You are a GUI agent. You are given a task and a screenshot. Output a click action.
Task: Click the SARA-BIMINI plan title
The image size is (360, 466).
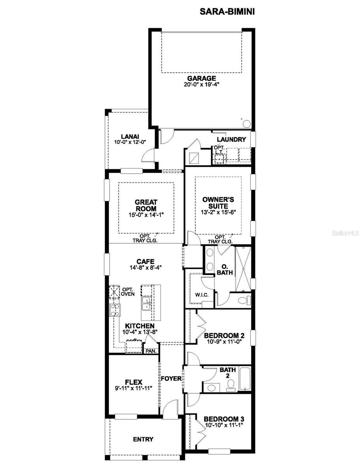pos(227,12)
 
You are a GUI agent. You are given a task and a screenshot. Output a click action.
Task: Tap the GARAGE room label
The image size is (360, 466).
pos(202,78)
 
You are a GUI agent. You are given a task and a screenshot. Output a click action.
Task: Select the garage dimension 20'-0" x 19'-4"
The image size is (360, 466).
pos(202,85)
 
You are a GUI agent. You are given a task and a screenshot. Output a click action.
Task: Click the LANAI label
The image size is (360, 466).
pos(130,136)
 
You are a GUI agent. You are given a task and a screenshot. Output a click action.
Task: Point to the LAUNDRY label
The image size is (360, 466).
pos(231,139)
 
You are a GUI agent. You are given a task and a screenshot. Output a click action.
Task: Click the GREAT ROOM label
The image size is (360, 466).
pos(146,205)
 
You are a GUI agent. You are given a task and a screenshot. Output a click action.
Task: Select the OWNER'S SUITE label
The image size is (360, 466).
pos(218,203)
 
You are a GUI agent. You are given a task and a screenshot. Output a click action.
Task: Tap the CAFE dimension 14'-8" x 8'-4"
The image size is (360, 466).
pos(145,268)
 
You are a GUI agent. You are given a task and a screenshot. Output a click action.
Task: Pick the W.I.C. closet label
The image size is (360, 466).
pos(202,295)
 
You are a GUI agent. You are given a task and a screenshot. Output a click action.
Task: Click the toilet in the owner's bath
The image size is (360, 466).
pos(244,300)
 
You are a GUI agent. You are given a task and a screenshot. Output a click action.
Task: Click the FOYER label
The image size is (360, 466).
pos(171,379)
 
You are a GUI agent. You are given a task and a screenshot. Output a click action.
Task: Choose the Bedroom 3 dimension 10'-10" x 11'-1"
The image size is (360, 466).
pos(224,425)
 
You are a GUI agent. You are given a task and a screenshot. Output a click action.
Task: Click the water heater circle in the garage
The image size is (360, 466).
pos(246,124)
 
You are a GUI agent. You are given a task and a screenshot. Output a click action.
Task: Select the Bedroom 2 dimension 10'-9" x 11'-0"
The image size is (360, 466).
pos(224,342)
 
